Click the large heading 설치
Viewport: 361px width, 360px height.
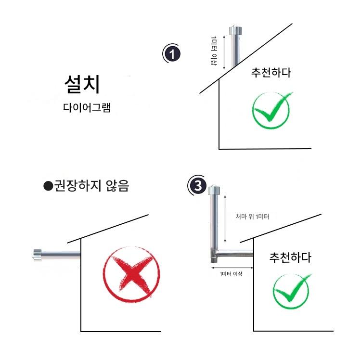[82, 84]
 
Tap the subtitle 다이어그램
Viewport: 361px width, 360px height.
[87, 107]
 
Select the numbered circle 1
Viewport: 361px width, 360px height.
[172, 54]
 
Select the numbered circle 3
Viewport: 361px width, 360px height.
[197, 185]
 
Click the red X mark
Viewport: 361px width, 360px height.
[131, 274]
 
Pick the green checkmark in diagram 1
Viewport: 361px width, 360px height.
[271, 110]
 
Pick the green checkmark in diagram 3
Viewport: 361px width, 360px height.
[292, 291]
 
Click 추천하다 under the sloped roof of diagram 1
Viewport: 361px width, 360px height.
[271, 73]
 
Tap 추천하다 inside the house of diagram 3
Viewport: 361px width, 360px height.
[290, 257]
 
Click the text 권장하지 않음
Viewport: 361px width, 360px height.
[91, 186]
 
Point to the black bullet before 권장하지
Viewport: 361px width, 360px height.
[48, 186]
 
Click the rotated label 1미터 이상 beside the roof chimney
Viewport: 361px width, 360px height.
[214, 51]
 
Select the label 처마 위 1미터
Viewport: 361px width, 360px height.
[252, 217]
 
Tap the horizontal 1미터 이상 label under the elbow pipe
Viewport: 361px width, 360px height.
[231, 274]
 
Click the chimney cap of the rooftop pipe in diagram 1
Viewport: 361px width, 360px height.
[235, 31]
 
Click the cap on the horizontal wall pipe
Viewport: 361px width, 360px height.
[37, 255]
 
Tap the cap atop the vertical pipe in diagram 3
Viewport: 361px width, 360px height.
[214, 190]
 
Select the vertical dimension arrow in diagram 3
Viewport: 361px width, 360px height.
[225, 218]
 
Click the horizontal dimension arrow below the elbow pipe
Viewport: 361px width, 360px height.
[232, 268]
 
